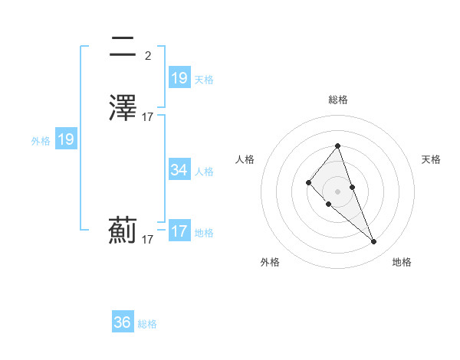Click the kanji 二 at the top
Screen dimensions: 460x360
coord(123,47)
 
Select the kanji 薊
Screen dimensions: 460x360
coord(123,231)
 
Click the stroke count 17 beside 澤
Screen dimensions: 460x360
coord(147,117)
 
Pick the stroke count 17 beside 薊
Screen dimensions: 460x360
coord(147,240)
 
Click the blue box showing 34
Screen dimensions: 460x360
coord(179,170)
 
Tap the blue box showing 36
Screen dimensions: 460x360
coord(123,322)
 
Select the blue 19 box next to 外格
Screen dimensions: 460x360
coord(66,139)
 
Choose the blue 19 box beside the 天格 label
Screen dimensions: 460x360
coord(179,78)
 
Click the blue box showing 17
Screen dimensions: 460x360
coord(179,231)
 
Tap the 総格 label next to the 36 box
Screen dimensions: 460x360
coord(147,324)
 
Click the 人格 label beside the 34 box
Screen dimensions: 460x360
coord(204,172)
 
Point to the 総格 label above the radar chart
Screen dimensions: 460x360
coord(338,100)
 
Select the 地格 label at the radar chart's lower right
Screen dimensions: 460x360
coord(402,262)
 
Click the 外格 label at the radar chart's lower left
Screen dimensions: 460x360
coord(270,262)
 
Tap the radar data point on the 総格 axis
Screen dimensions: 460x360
coord(338,146)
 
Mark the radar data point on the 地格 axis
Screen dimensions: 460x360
coord(374,242)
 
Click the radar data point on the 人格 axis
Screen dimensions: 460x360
coord(308,182)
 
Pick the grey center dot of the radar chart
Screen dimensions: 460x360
coord(338,191)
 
